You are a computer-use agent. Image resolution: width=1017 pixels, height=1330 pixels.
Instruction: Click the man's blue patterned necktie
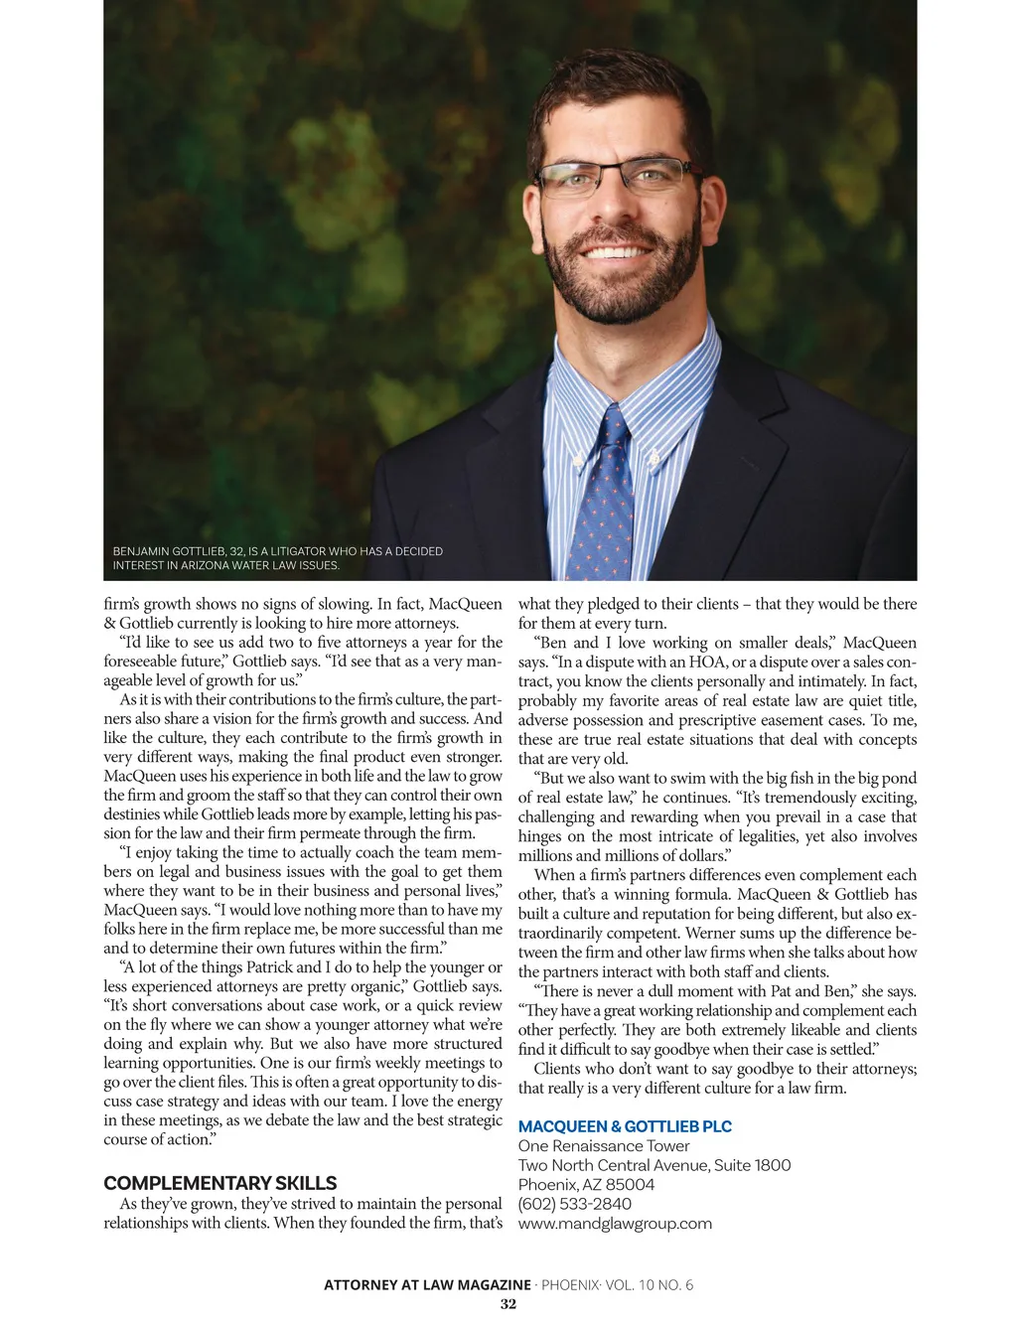605,497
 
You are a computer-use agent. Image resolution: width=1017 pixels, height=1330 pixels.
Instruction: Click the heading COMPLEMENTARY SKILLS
220,1183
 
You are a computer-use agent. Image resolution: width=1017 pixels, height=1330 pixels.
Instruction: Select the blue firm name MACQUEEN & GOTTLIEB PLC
625,1126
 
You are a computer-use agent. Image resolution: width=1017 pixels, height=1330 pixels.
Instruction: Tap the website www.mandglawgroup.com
615,1224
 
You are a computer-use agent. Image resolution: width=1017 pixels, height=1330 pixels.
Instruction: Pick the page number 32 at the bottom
508,1304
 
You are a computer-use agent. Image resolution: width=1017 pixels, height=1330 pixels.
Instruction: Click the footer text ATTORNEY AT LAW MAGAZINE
427,1285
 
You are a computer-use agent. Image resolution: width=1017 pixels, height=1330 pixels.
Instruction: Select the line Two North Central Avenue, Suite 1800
654,1165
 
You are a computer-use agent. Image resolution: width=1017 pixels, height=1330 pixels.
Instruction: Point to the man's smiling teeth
617,250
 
